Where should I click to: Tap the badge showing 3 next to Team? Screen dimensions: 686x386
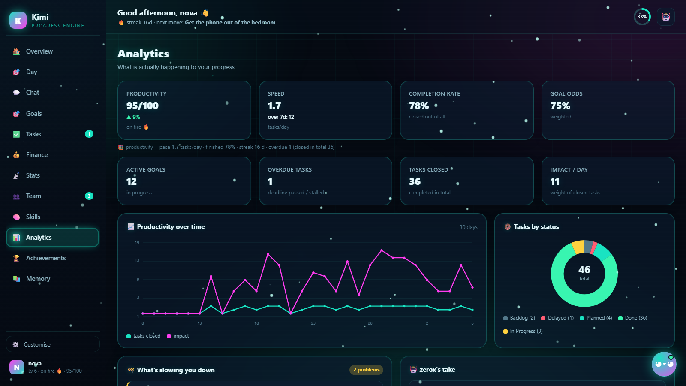point(89,196)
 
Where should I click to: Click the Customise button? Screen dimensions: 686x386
point(53,344)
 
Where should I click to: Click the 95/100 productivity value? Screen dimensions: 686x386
point(142,106)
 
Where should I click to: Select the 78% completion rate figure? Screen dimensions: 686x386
point(418,106)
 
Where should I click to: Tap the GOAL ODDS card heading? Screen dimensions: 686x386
point(566,94)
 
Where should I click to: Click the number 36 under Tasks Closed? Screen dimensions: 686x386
point(415,182)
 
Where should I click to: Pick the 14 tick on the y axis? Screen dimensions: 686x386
point(137,261)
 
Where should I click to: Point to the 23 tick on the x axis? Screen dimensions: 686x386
point(313,323)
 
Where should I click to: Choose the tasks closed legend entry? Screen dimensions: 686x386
point(143,336)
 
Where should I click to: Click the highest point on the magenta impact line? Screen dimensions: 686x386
point(382,250)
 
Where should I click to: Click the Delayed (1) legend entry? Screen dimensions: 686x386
point(557,318)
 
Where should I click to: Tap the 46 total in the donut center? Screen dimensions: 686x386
point(584,270)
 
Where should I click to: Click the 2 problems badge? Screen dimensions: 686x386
point(366,370)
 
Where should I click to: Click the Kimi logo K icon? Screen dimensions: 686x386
point(18,20)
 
